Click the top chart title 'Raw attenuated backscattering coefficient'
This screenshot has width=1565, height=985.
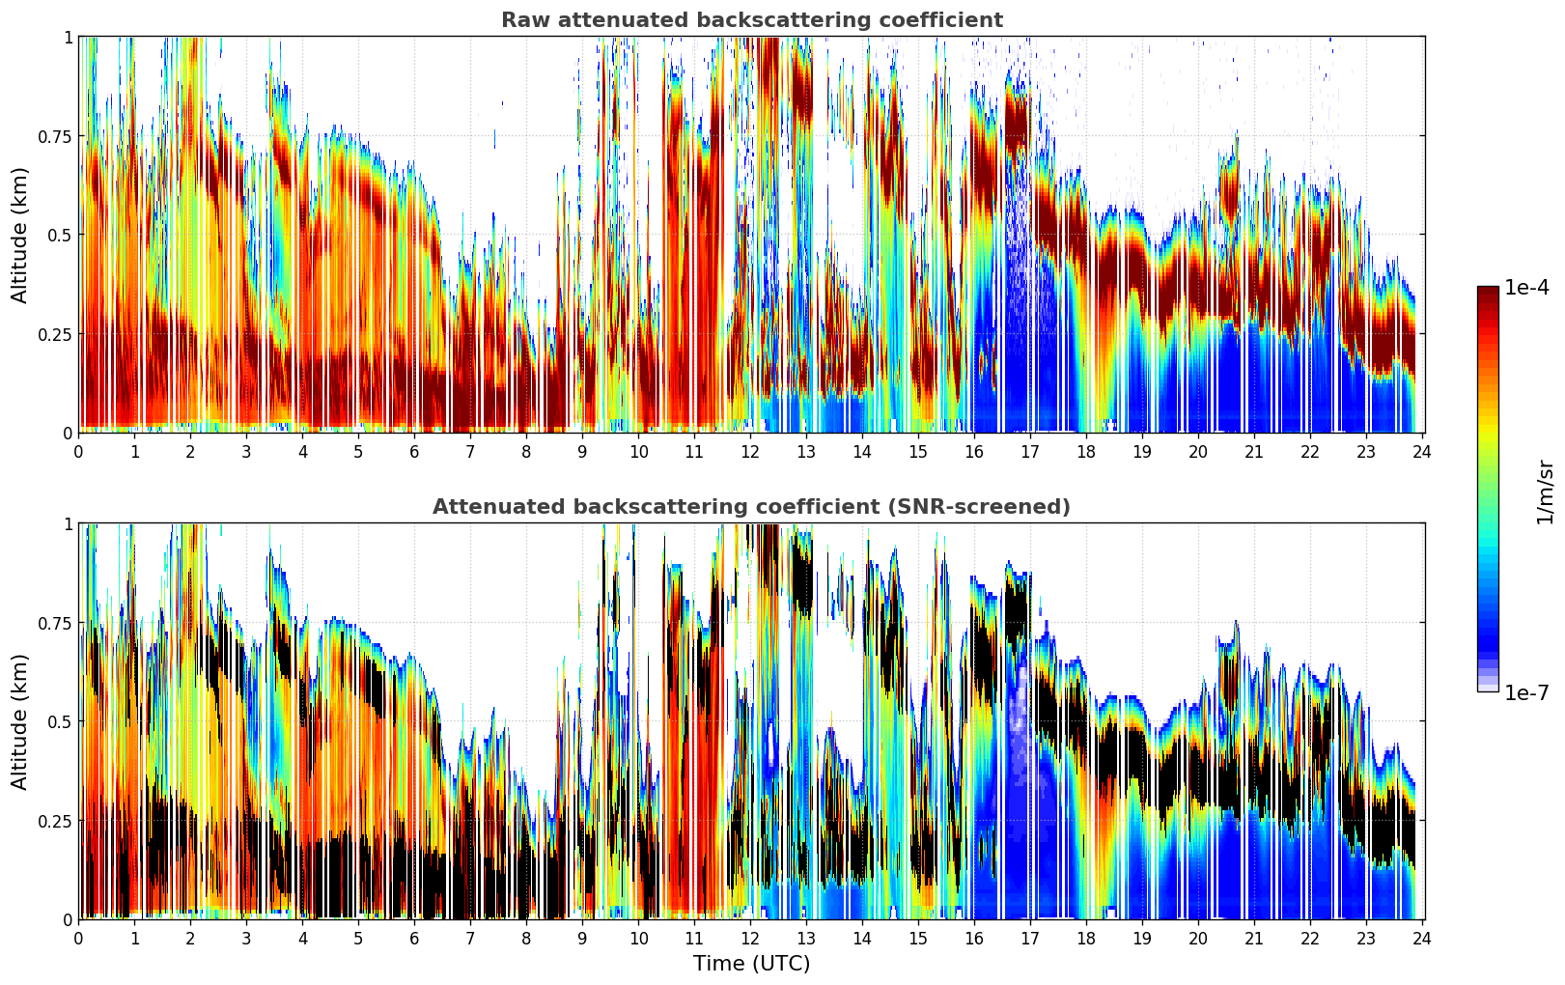point(751,20)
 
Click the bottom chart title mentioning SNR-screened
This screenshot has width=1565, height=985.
point(751,507)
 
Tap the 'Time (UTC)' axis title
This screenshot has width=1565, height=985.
point(751,964)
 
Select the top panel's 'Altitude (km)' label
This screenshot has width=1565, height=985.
point(20,235)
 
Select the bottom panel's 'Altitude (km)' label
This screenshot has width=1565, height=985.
point(20,721)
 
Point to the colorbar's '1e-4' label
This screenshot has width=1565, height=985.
point(1526,288)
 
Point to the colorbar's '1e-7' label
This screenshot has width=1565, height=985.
point(1526,692)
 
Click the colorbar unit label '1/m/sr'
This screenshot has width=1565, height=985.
point(1545,492)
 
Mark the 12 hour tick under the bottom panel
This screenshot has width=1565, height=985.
point(750,939)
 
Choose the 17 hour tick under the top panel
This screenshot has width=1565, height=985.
point(1030,452)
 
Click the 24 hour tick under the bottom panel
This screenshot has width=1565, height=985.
point(1422,939)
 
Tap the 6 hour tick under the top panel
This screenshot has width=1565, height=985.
point(414,452)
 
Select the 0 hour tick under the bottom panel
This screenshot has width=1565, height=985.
point(78,939)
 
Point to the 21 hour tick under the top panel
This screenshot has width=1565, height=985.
point(1254,452)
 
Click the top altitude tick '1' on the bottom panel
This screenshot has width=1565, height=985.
point(68,524)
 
